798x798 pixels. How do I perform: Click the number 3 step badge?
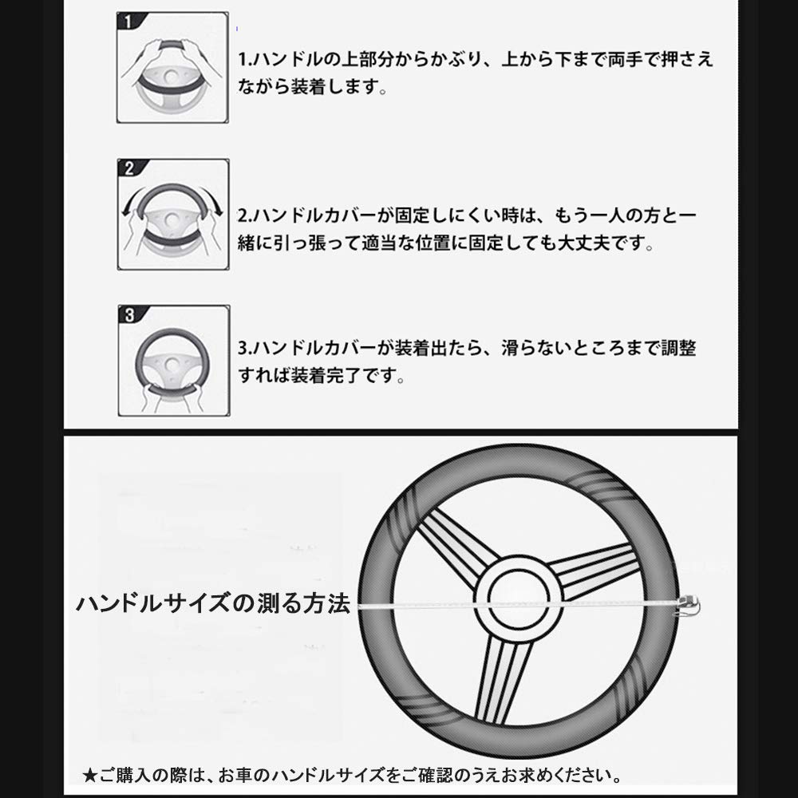tap(129, 314)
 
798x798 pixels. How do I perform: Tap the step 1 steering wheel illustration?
tap(172, 68)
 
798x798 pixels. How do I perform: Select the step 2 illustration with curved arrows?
tap(172, 215)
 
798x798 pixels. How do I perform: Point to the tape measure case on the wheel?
tap(687, 606)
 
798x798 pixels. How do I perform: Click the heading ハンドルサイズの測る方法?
tap(213, 602)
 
